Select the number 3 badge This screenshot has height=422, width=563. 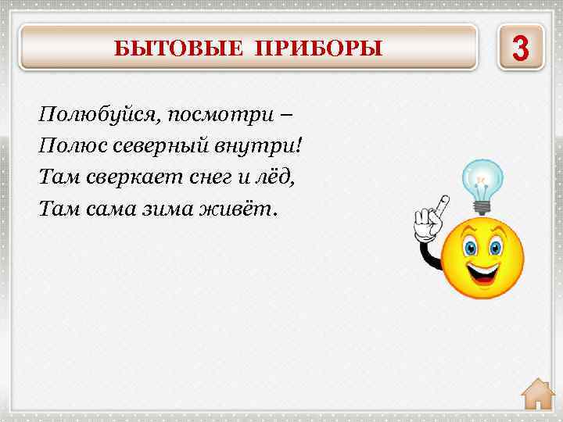519,48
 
